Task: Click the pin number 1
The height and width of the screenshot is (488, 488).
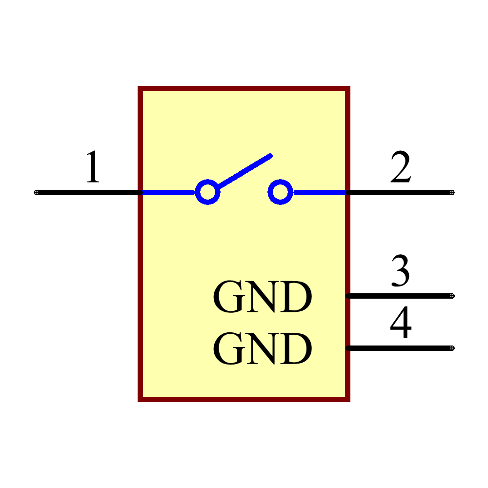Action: click(93, 167)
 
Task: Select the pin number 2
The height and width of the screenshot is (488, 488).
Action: click(401, 167)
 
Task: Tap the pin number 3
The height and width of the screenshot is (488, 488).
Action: click(400, 270)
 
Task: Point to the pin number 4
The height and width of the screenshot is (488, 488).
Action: click(401, 323)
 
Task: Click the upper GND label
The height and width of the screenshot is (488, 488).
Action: click(262, 297)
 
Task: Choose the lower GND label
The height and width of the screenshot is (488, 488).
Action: click(262, 349)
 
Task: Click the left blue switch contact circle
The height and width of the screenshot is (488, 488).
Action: click(208, 192)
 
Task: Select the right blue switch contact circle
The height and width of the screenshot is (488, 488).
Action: click(280, 192)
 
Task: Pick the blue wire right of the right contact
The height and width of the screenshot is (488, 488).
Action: click(320, 192)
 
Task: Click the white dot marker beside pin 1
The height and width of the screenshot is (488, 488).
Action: click(36, 192)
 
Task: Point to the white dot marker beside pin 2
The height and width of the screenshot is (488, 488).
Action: click(452, 192)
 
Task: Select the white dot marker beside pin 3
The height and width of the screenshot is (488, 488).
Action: click(452, 296)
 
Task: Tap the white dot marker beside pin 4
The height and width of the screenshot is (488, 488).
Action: click(452, 348)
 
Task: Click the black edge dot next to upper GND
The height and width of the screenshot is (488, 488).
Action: click(348, 296)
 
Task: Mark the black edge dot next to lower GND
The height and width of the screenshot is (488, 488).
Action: click(348, 348)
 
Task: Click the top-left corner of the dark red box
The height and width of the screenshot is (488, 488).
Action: click(141, 89)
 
